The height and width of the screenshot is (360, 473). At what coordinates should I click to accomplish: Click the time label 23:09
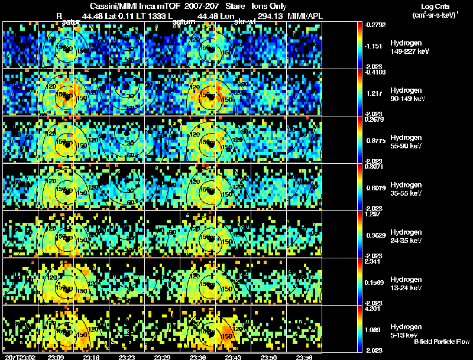[56, 357]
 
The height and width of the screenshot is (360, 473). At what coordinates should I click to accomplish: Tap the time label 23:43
[233, 357]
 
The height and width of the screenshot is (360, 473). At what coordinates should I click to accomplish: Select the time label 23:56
[304, 357]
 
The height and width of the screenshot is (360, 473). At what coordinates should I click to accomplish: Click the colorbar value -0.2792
[376, 25]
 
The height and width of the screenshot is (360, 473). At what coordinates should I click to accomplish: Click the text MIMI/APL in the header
[305, 16]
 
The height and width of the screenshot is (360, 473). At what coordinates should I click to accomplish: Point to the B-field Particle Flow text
[441, 342]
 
